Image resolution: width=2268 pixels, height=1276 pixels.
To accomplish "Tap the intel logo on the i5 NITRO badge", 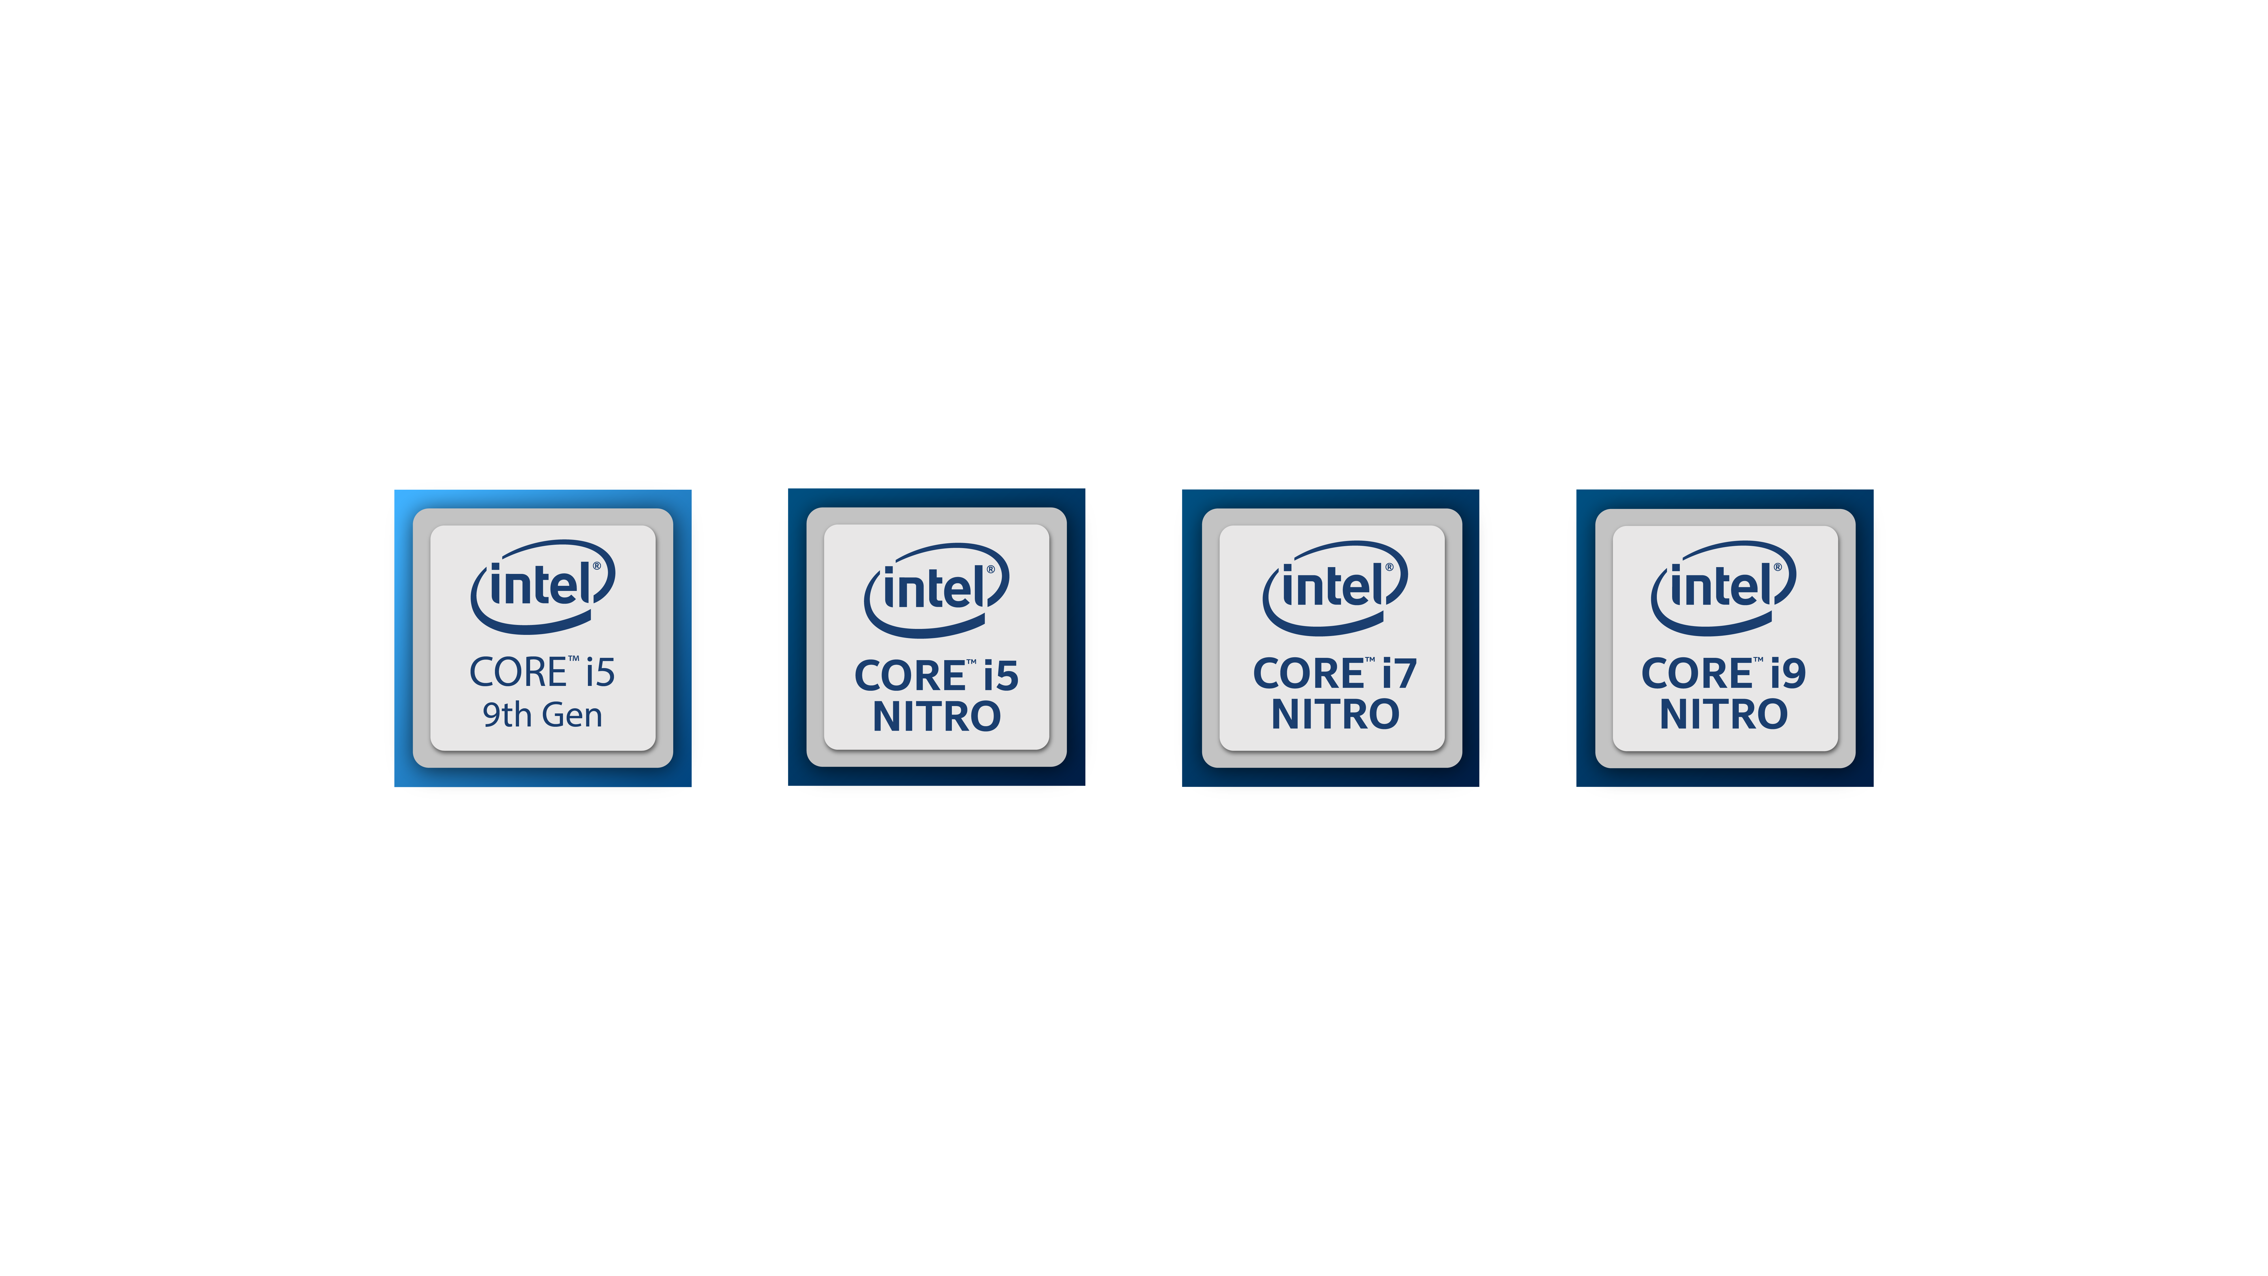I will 936,590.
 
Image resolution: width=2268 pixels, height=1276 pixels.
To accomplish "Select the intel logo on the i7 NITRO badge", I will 1335,587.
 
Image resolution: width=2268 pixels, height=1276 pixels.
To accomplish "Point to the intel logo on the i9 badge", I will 1723,587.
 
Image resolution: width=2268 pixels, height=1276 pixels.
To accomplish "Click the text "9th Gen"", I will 542,715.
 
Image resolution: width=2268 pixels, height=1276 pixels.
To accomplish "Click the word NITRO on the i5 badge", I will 937,717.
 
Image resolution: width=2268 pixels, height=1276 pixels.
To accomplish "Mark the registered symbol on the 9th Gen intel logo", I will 597,566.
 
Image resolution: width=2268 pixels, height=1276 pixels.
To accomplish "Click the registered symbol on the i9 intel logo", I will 1778,567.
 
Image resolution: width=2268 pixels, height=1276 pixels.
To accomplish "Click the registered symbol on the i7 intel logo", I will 1389,567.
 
